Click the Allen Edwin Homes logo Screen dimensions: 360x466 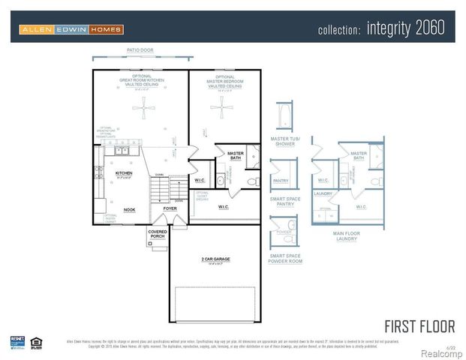tap(71, 29)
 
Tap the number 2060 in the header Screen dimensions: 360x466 tap(428, 28)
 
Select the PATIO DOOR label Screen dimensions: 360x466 tap(141, 50)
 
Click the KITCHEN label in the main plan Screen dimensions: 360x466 tap(123, 172)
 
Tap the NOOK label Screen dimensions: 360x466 tap(129, 210)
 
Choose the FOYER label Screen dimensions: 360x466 tap(170, 208)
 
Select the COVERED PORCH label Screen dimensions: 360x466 tap(158, 234)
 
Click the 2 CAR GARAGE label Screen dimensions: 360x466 tap(215, 259)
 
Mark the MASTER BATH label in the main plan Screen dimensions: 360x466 tap(236, 155)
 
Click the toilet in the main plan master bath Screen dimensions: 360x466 tap(252, 181)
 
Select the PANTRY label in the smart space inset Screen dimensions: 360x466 tap(281, 181)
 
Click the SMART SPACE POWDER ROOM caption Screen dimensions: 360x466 tap(287, 258)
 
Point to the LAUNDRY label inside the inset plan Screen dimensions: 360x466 tap(323, 193)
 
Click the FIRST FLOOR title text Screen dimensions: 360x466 tap(419, 326)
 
